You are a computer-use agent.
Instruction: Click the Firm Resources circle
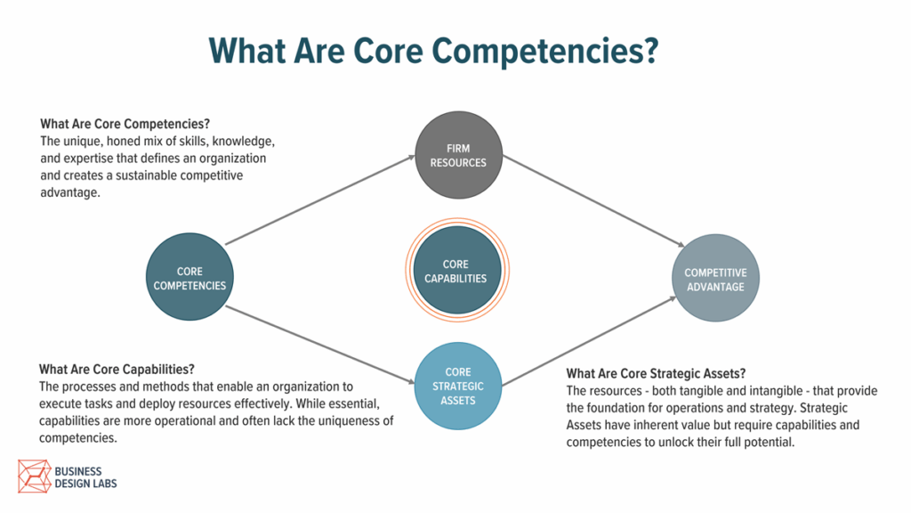pyautogui.click(x=458, y=155)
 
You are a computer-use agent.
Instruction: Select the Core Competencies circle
pyautogui.click(x=190, y=277)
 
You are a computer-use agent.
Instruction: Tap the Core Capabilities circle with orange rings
pyautogui.click(x=457, y=271)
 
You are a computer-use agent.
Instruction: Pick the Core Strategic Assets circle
pyautogui.click(x=458, y=387)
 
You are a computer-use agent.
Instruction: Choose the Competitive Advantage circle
pyautogui.click(x=715, y=278)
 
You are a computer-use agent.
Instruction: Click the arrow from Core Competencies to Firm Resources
pyautogui.click(x=320, y=200)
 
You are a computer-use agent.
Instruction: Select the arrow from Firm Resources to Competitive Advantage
pyautogui.click(x=593, y=201)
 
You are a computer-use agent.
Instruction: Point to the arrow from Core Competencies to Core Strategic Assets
pyautogui.click(x=320, y=345)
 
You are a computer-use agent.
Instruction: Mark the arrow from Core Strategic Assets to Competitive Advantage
pyautogui.click(x=589, y=341)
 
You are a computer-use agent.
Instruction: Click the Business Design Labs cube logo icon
pyautogui.click(x=35, y=476)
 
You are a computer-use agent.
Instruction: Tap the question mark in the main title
pyautogui.click(x=650, y=50)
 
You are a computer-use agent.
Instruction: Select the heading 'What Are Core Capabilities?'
pyautogui.click(x=117, y=370)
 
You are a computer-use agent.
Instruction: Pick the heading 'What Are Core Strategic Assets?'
pyautogui.click(x=656, y=373)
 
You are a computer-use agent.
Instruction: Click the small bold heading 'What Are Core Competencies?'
pyautogui.click(x=125, y=124)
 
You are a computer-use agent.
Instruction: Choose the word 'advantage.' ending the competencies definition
pyautogui.click(x=70, y=193)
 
